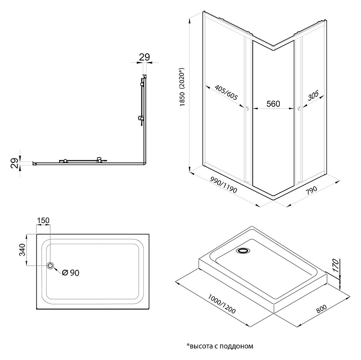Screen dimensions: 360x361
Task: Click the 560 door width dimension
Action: (x=273, y=104)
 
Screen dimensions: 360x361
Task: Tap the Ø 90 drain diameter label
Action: (x=71, y=272)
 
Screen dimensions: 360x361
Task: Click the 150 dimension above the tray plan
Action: (x=43, y=221)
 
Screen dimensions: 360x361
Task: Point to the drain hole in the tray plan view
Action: (x=50, y=266)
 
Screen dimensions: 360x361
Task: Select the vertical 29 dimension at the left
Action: (x=15, y=162)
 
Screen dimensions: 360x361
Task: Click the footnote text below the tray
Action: (x=220, y=346)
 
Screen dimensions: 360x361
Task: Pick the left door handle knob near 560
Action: (x=247, y=108)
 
